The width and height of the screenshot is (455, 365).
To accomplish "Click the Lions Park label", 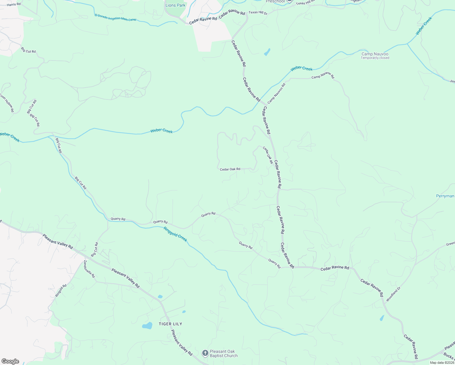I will [175, 5].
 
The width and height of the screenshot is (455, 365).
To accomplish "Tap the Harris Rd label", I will [14, 4].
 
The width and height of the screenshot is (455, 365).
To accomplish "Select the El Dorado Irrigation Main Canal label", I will [115, 17].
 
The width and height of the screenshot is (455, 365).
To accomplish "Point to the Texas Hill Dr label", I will [258, 13].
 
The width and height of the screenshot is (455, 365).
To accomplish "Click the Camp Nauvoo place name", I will [375, 54].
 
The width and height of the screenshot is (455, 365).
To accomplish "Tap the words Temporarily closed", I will [375, 58].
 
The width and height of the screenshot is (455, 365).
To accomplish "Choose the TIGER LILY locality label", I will [170, 324].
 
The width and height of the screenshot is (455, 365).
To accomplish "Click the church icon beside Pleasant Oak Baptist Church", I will [205, 353].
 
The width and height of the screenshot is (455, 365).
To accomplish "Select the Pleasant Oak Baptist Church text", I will [224, 353].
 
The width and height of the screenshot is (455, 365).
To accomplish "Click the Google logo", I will [10, 361].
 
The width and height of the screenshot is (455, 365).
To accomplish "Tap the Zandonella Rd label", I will [89, 269].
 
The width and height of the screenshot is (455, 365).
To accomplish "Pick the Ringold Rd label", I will [61, 291].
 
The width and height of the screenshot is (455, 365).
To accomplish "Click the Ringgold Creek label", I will [175, 234].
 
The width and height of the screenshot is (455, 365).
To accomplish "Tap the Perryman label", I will [445, 196].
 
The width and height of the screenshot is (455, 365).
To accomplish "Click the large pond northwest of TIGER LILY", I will [147, 326].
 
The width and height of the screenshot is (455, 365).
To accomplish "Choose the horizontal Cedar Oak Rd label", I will [230, 169].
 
